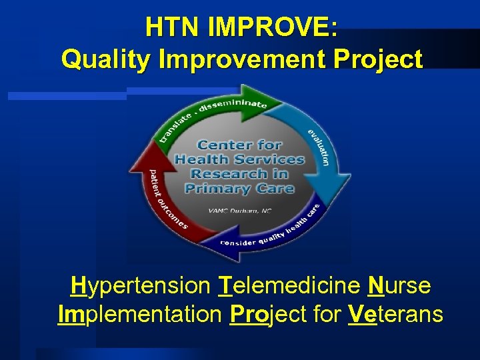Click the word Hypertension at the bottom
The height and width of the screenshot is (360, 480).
tap(139, 287)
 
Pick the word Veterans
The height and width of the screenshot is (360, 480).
tap(395, 313)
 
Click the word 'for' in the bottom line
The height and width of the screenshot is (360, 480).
tap(325, 313)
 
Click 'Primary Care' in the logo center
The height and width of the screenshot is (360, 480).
tap(239, 189)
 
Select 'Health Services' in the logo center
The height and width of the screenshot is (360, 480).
tap(239, 159)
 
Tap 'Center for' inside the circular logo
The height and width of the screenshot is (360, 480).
tap(239, 145)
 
